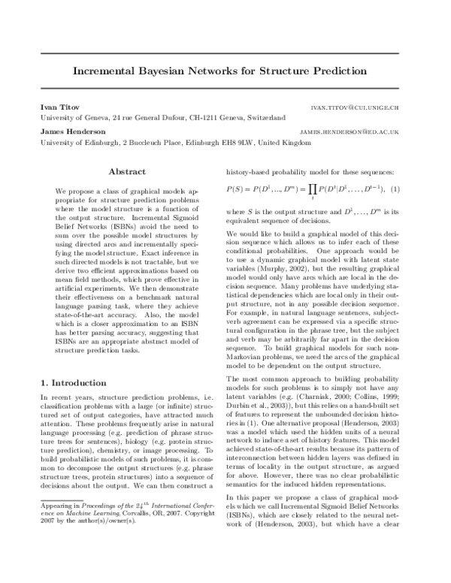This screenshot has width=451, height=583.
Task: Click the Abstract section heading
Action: (126, 172)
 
